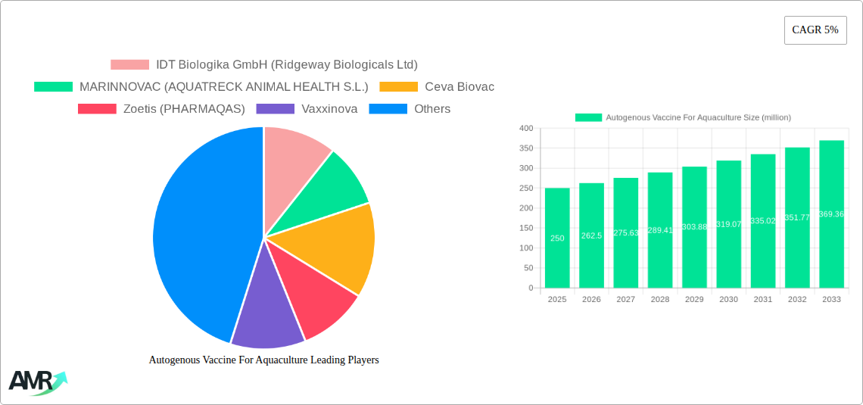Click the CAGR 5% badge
coord(815,30)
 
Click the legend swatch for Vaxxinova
coord(276,109)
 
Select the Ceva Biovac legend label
coord(459,87)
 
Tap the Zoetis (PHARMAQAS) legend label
coord(184,109)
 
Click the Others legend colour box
coord(388,109)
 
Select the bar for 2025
coord(557,238)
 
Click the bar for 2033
coord(831,214)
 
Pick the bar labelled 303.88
coord(694,227)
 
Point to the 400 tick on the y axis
coord(525,129)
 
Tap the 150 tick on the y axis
coord(525,228)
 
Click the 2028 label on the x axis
coord(660,300)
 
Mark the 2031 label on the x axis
coord(763,300)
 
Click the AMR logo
coord(37,382)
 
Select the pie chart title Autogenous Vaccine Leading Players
coord(263,360)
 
